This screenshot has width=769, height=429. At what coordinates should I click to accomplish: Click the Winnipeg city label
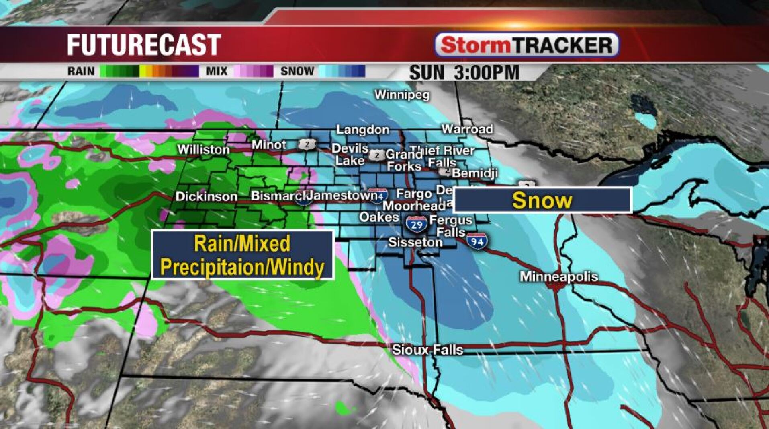pyautogui.click(x=402, y=95)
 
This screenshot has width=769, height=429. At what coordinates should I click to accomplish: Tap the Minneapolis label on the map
pyautogui.click(x=559, y=276)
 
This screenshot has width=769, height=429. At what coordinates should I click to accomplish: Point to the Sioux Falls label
pyautogui.click(x=427, y=349)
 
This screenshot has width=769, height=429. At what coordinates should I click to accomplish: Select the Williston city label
pyautogui.click(x=204, y=150)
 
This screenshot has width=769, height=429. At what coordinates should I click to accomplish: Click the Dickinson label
pyautogui.click(x=207, y=196)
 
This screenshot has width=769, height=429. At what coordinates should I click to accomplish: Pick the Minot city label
pyautogui.click(x=269, y=145)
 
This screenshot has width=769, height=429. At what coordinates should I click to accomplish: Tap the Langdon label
pyautogui.click(x=362, y=130)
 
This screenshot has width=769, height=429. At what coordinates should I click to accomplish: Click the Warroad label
pyautogui.click(x=467, y=129)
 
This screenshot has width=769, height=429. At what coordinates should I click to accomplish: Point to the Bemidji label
pyautogui.click(x=474, y=173)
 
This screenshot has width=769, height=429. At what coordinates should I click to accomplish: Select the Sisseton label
pyautogui.click(x=415, y=242)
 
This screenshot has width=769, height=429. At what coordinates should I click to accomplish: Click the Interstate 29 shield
pyautogui.click(x=416, y=223)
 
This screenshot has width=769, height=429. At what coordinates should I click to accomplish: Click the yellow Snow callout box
pyautogui.click(x=542, y=200)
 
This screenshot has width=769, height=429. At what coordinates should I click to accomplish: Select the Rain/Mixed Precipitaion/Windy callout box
pyautogui.click(x=242, y=255)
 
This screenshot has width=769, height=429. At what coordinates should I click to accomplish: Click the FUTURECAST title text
pyautogui.click(x=144, y=44)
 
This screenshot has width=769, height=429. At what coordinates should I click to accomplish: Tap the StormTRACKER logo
pyautogui.click(x=527, y=45)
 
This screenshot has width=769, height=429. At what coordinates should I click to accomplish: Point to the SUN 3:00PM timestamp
pyautogui.click(x=464, y=73)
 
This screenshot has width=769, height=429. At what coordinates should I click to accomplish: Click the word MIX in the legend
pyautogui.click(x=217, y=72)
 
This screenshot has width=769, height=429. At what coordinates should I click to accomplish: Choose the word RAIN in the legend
pyautogui.click(x=81, y=72)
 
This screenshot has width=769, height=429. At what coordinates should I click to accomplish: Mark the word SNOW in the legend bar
pyautogui.click(x=297, y=72)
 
